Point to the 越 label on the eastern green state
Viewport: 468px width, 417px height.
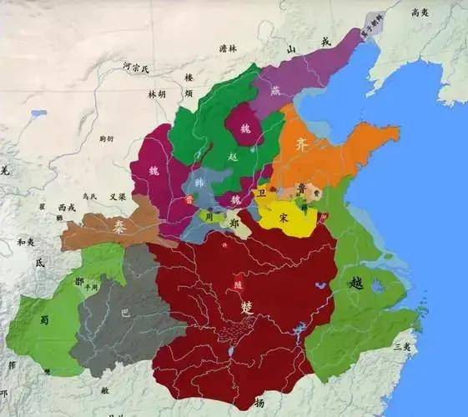click(x=356, y=282)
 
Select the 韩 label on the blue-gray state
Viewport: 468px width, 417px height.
click(x=199, y=183)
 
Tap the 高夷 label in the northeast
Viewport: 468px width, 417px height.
click(x=420, y=12)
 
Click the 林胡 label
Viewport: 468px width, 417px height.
click(x=158, y=95)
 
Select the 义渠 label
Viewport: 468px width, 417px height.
click(x=116, y=197)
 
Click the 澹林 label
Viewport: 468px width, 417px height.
click(x=228, y=50)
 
